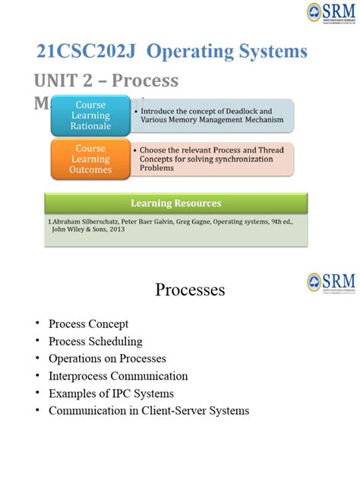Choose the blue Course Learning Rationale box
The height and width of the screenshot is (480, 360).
(90, 115)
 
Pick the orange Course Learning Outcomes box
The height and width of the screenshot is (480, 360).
(90, 159)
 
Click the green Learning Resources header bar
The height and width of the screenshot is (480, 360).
(176, 203)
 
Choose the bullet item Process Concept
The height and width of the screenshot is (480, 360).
(88, 324)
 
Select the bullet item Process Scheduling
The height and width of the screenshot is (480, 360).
(95, 341)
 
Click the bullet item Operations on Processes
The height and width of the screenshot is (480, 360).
(107, 358)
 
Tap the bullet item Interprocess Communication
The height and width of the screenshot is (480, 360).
(118, 376)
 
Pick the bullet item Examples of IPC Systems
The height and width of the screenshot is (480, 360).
(111, 393)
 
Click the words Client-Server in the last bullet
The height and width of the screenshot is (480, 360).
(176, 411)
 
